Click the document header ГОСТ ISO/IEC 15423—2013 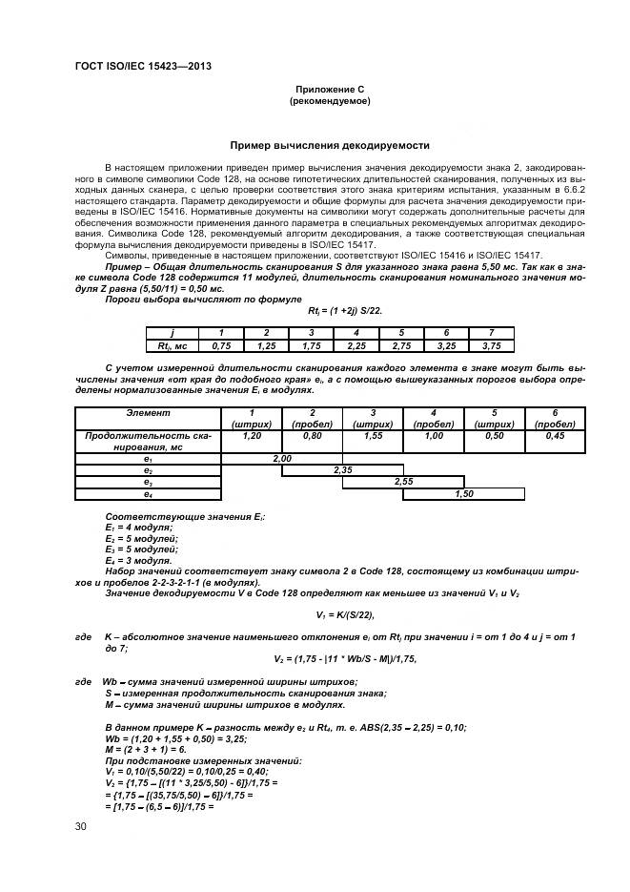[x=142, y=66]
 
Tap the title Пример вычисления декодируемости [x=330, y=145]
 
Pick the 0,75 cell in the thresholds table [x=222, y=346]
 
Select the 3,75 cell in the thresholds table [x=491, y=346]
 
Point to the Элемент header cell [x=148, y=413]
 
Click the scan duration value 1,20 [x=252, y=435]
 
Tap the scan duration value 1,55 [x=373, y=435]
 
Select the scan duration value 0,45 [x=555, y=435]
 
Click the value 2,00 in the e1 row [x=282, y=458]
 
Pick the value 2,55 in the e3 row [x=403, y=482]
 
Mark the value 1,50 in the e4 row [x=464, y=494]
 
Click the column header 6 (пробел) [x=555, y=418]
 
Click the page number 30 [x=81, y=826]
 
